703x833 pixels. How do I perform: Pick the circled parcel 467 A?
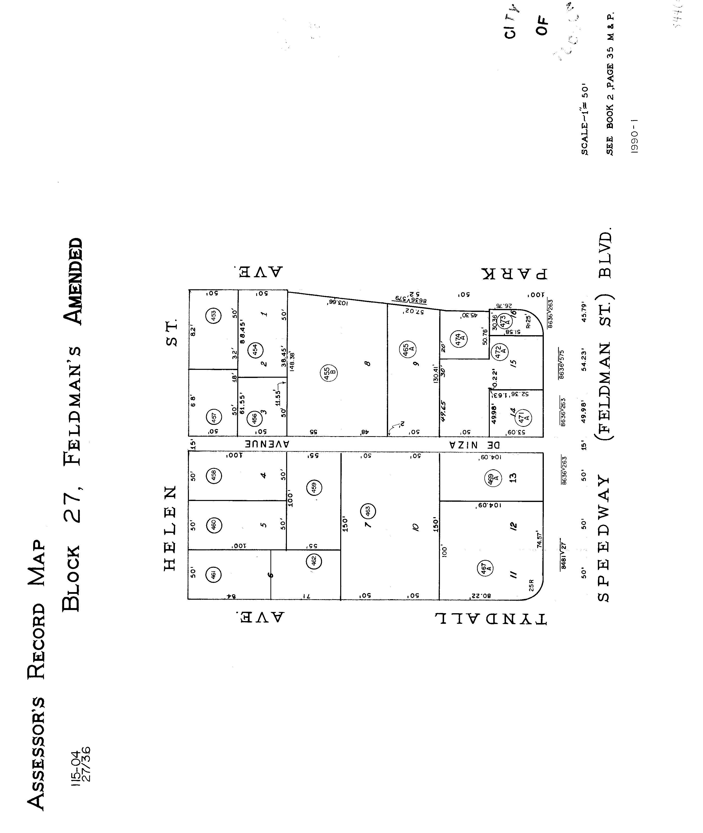485,568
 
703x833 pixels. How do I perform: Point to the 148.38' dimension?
292,361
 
